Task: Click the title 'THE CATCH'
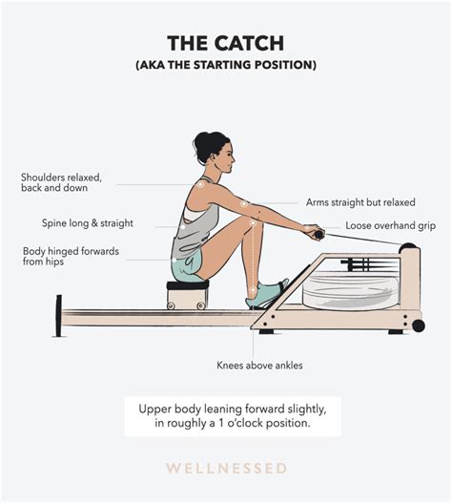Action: tap(225, 43)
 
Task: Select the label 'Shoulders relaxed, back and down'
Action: tap(61, 182)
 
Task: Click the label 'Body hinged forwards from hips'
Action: tap(64, 258)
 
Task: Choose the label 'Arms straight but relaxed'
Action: tap(360, 202)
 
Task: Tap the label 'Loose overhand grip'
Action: tap(390, 226)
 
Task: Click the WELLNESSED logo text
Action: tap(225, 469)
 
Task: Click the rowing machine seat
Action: tap(187, 285)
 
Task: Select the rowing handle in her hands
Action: tap(316, 232)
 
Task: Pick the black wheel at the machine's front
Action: tap(418, 325)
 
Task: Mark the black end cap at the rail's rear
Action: tap(59, 315)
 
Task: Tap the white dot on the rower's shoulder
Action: tap(202, 184)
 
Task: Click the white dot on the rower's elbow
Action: tap(245, 203)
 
